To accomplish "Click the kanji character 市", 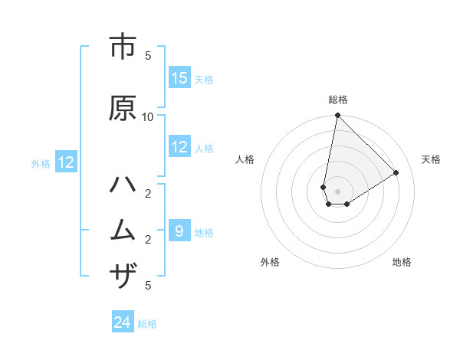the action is tap(123, 47).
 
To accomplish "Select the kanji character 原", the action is tap(123, 109).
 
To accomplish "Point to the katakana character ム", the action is tap(123, 230).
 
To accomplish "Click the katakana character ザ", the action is tap(123, 275).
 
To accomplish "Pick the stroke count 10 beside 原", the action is tap(148, 116).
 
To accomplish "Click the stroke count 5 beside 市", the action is tap(148, 55).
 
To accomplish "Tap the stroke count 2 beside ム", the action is tap(148, 240).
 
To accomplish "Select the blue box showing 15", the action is tap(179, 78).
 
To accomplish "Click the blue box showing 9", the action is tap(179, 231).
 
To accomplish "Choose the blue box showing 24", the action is tap(123, 323).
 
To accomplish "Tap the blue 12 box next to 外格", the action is tap(66, 162).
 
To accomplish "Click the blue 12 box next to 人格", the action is tap(179, 147).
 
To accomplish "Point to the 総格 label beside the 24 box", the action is tap(147, 324).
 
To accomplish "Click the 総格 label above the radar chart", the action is tap(338, 100).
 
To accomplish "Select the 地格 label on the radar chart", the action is tap(402, 262).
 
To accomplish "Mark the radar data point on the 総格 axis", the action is tap(337, 116).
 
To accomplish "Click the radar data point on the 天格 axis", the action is tap(396, 173).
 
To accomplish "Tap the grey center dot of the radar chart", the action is tap(337, 191).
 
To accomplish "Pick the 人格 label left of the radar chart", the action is tap(245, 159).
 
